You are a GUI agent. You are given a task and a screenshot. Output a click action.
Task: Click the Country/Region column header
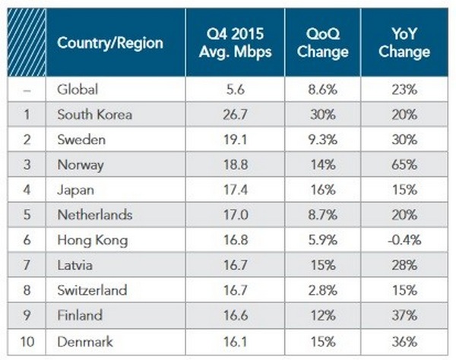coord(110,43)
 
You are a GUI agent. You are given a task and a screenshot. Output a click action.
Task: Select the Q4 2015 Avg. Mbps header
coord(236,43)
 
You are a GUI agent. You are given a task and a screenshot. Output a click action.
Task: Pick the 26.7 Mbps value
coord(236,115)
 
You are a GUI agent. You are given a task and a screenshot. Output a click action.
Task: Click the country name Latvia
coord(74,264)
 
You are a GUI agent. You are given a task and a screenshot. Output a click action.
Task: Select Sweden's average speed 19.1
coord(236,140)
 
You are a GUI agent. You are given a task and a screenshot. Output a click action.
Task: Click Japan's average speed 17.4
coord(236,190)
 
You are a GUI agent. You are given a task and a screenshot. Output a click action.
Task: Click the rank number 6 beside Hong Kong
coord(28,239)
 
